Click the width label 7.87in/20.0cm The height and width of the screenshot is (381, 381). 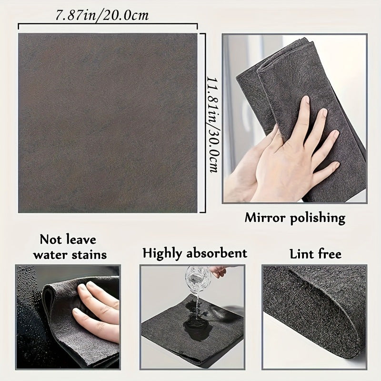(102, 15)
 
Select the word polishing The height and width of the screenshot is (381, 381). (318, 219)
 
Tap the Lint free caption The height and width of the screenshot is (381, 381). (315, 254)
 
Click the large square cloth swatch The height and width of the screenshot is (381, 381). (108, 123)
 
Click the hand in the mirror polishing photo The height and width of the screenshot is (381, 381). (291, 152)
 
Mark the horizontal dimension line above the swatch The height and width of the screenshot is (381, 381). (108, 24)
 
